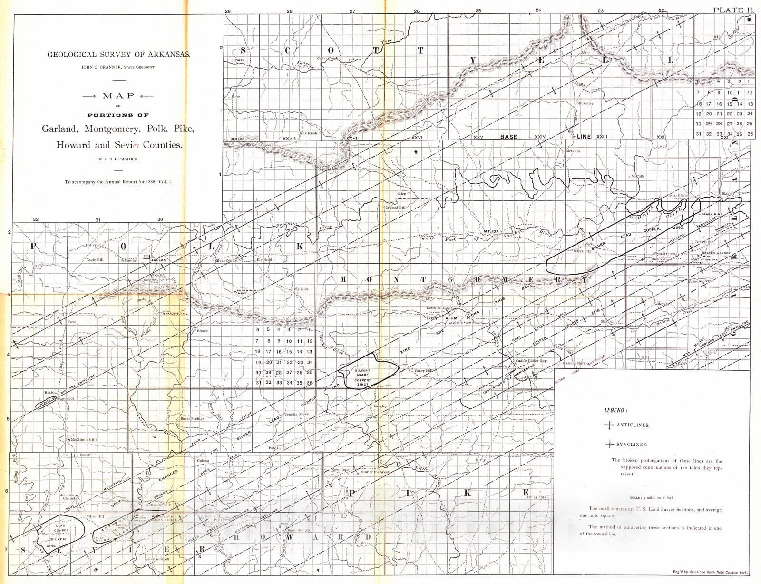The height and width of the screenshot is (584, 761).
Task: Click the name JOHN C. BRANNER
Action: [x=103, y=68]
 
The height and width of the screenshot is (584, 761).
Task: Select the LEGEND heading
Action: [x=615, y=410]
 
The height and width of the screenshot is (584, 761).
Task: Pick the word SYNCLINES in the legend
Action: [x=632, y=445]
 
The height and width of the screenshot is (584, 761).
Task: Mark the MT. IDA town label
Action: [x=491, y=231]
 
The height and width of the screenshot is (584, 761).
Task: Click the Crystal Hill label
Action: [x=395, y=208]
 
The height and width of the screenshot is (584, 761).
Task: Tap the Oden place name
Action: [x=402, y=194]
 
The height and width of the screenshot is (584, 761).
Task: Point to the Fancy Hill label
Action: [x=423, y=371]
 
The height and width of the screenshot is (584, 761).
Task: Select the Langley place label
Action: [x=380, y=406]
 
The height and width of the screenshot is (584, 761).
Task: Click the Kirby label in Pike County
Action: [x=479, y=460]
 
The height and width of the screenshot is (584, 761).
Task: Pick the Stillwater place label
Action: [x=585, y=103]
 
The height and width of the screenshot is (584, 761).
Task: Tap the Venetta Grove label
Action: [x=296, y=414]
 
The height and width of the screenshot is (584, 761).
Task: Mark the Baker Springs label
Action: [x=192, y=418]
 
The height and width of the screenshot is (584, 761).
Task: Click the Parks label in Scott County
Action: [x=239, y=60]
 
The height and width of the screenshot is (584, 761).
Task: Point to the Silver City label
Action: [x=582, y=251]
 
